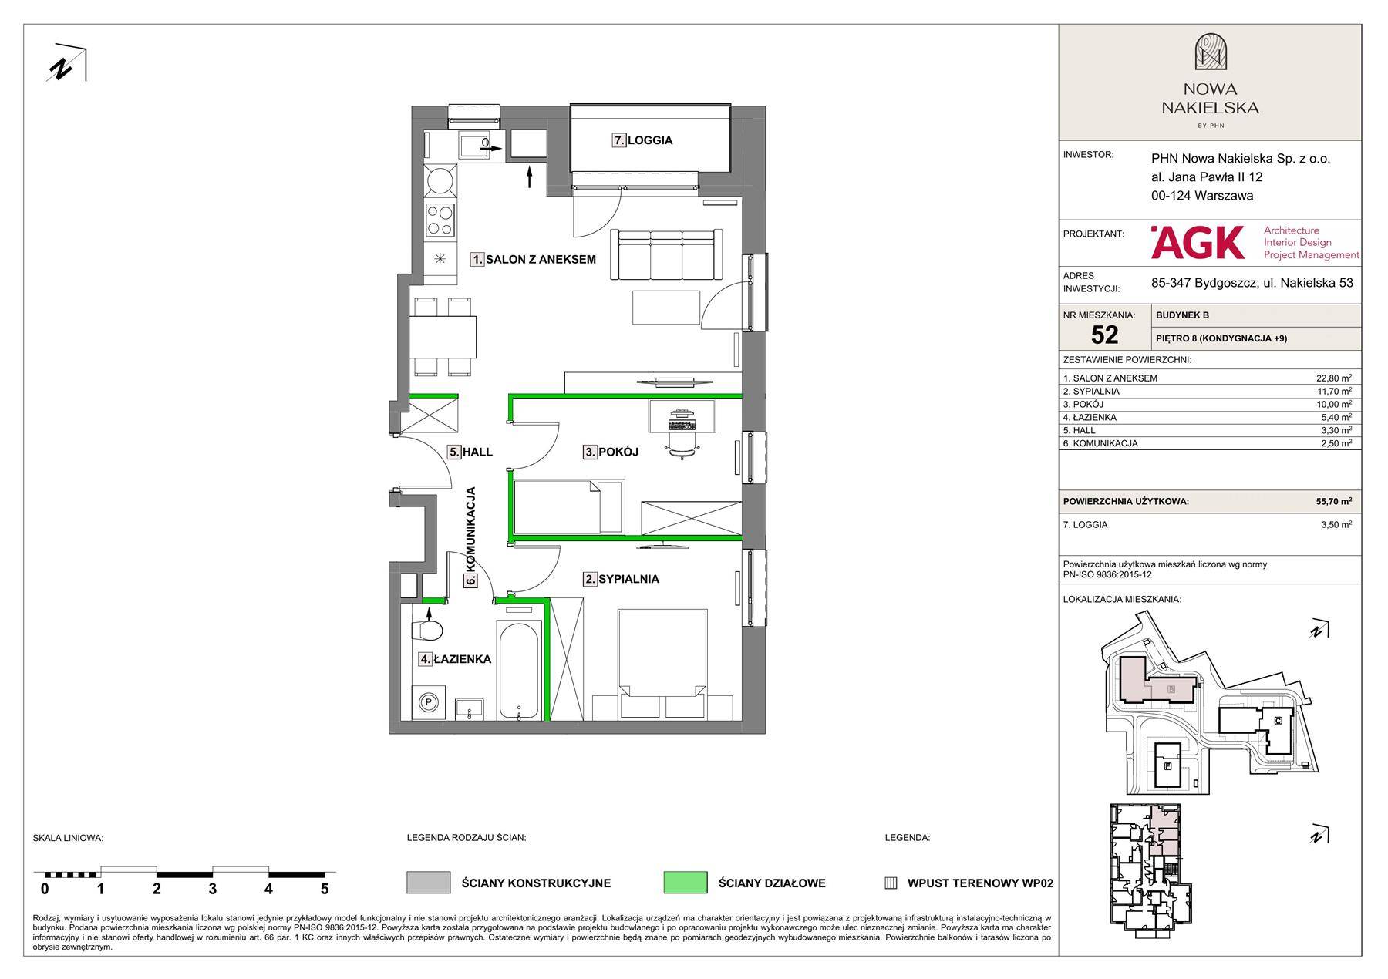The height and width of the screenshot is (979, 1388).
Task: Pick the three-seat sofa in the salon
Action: pos(666,254)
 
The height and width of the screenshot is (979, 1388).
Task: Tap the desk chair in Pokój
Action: pos(679,446)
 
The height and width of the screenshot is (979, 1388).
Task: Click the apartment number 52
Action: pos(1104,335)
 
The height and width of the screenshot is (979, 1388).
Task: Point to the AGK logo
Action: pos(1198,242)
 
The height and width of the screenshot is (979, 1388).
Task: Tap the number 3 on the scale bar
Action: pos(213,889)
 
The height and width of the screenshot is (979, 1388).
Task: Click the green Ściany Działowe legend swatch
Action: pos(686,883)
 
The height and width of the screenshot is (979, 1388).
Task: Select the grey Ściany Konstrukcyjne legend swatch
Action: pos(429,883)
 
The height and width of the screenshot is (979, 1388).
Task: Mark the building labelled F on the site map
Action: pos(1167,766)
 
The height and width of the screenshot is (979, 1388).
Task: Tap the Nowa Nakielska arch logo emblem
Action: pos(1210,52)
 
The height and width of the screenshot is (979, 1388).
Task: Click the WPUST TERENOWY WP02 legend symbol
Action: pos(891,883)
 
